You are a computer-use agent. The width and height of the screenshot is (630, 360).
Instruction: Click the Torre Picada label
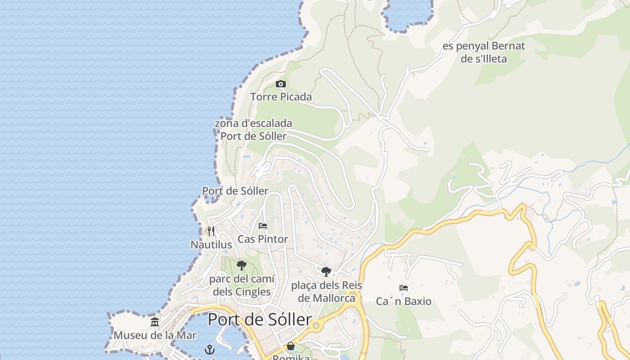[281, 97]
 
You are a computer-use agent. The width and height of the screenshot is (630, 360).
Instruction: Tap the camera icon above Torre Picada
[281, 84]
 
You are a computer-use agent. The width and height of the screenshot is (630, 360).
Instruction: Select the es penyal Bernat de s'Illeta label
[484, 52]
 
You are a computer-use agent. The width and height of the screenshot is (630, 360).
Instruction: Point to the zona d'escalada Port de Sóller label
[253, 130]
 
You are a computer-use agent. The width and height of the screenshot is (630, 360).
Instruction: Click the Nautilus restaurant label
[211, 245]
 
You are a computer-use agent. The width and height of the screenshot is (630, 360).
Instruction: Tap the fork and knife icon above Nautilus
[211, 231]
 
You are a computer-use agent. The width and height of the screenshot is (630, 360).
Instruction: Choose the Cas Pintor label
[263, 239]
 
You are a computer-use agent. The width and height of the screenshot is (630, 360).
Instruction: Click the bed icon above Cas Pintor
[263, 226]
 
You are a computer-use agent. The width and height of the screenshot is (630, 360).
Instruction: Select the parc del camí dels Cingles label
[242, 285]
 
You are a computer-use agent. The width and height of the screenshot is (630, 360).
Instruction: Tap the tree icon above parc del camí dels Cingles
[242, 265]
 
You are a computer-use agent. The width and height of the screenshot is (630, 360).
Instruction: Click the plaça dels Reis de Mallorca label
[326, 292]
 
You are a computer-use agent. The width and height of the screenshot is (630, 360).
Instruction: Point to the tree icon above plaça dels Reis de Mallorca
[326, 271]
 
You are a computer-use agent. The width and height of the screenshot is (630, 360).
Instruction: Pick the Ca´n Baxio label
[404, 301]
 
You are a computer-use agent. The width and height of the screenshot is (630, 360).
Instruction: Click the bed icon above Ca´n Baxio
[404, 288]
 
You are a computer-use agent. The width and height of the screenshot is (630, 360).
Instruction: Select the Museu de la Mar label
[155, 335]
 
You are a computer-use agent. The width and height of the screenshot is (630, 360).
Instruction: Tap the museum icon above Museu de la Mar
[155, 322]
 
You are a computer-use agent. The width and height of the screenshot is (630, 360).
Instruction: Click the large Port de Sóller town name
[259, 320]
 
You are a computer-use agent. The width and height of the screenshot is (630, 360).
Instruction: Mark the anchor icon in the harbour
[210, 350]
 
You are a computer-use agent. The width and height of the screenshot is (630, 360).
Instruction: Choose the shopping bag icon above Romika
[291, 346]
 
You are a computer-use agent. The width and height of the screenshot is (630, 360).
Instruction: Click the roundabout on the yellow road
[315, 325]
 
